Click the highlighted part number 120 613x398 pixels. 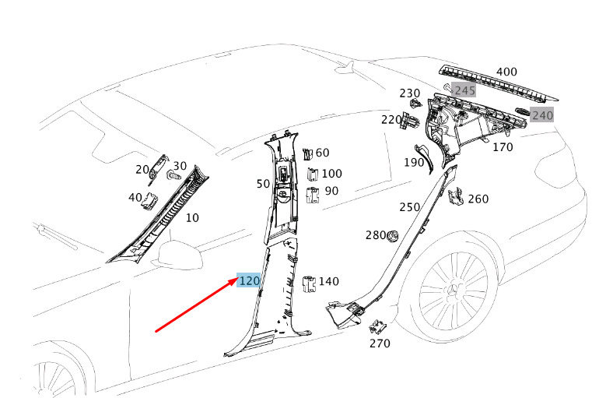click(249, 280)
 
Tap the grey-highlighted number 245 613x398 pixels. click(464, 90)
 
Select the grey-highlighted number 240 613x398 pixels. click(542, 115)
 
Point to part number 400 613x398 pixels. click(506, 72)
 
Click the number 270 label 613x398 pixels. click(380, 343)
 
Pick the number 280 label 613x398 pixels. click(376, 235)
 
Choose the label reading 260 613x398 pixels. click(478, 199)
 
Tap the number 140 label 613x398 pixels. click(329, 281)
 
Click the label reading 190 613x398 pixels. click(414, 162)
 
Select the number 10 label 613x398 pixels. click(192, 218)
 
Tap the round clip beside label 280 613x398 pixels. click(393, 234)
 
